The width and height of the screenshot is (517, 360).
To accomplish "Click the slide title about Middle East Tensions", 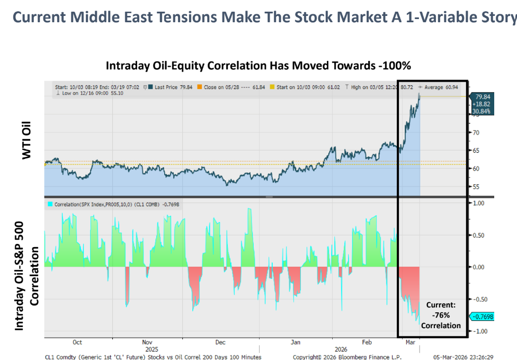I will point(264,17).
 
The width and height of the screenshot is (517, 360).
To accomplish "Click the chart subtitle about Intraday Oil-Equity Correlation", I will point(258,66).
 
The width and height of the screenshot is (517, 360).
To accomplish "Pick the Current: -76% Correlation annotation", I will point(441,315).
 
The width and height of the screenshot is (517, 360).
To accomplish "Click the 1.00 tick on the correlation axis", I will point(478,203).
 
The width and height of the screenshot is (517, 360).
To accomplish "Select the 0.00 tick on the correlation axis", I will point(478,267).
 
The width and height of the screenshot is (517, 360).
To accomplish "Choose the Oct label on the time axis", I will point(77,342).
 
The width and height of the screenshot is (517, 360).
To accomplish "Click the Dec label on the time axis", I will point(220,342).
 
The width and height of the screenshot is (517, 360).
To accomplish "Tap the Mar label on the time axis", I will point(410,342).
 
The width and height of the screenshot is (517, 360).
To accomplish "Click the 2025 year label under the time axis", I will point(151,349).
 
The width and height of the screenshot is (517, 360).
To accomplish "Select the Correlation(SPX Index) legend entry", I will point(114,204).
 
